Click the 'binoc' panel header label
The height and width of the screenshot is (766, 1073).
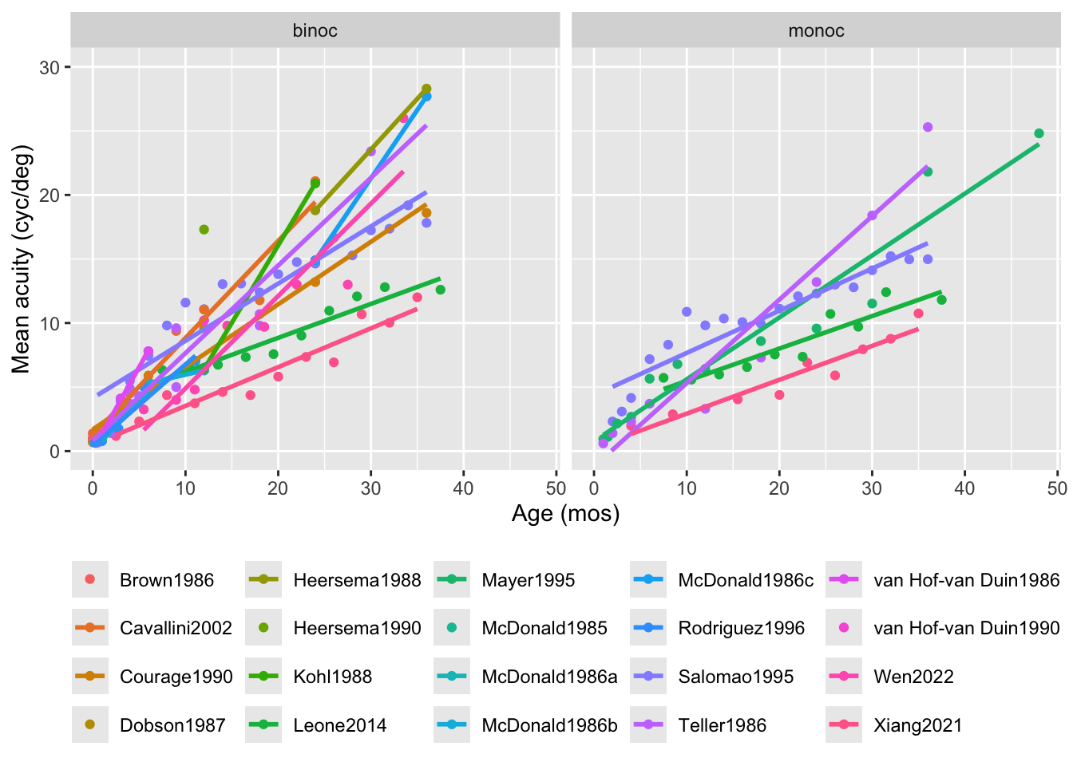[315, 31]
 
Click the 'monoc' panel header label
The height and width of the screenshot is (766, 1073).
[816, 31]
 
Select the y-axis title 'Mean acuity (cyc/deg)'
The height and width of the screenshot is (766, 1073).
[21, 259]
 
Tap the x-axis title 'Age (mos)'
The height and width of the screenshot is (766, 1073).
[565, 514]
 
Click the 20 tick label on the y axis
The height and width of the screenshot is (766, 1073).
[49, 195]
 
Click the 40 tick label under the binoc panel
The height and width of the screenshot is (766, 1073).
[463, 488]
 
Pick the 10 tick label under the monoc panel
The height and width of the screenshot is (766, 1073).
[687, 488]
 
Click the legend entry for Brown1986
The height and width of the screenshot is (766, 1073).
[166, 580]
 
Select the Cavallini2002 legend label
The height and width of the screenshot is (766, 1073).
[176, 628]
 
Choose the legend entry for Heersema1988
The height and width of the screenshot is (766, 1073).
[356, 580]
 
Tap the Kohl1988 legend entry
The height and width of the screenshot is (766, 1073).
[332, 677]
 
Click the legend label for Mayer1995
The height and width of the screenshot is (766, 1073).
[528, 580]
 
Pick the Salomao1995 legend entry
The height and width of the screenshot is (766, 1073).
[735, 677]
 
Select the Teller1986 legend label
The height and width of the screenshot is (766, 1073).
[722, 725]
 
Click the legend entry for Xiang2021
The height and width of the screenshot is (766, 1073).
[917, 725]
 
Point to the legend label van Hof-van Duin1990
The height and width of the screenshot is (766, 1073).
[966, 628]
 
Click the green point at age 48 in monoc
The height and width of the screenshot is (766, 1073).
[1039, 133]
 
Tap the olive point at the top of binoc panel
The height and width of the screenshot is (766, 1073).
[426, 89]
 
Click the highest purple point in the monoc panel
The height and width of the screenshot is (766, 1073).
[928, 127]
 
